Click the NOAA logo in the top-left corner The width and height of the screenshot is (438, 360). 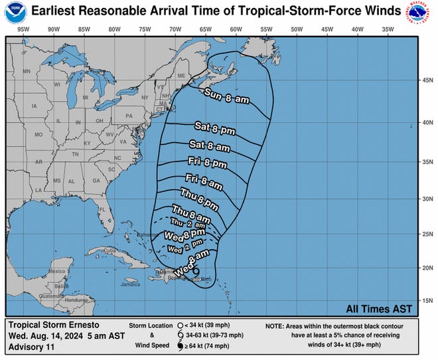[x=13, y=13]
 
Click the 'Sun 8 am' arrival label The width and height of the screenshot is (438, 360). [x=227, y=96]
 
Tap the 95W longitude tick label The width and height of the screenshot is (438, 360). [x=23, y=29]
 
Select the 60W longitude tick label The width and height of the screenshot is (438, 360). [x=236, y=29]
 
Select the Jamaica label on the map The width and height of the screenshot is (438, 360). [x=131, y=284]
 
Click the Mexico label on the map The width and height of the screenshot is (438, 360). [x=38, y=271]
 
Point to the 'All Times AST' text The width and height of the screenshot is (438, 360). [x=379, y=308]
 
